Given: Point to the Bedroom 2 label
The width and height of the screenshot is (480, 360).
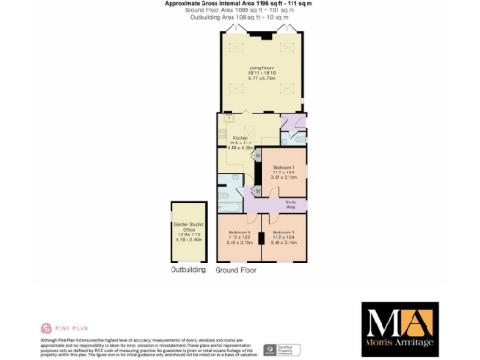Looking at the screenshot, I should [x=283, y=232].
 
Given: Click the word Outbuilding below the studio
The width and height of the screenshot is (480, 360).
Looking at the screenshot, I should [x=187, y=270].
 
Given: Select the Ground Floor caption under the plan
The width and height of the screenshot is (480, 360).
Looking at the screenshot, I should [x=235, y=270].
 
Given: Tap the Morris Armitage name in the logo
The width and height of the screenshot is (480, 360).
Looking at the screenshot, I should [x=399, y=345].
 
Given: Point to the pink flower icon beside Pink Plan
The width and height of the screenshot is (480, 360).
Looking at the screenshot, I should [x=45, y=327].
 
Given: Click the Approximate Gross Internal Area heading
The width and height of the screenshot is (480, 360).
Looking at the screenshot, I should [x=239, y=4].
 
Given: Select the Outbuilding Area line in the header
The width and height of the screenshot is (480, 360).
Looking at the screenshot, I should [x=239, y=16].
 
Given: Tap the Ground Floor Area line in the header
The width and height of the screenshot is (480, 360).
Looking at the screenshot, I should [x=239, y=10].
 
